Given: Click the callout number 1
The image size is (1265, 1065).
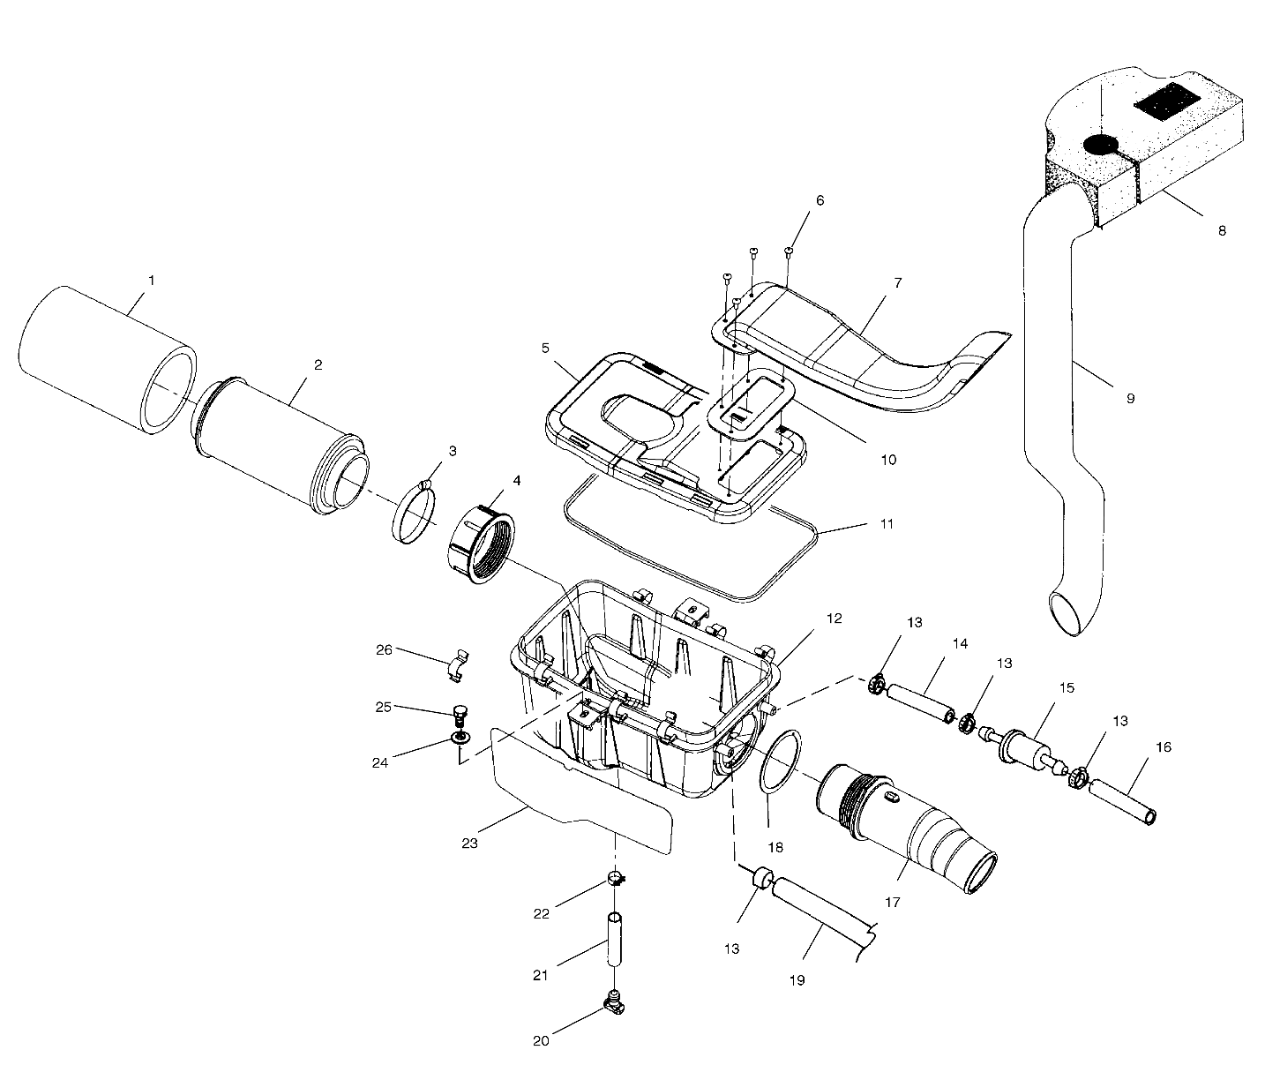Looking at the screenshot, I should click(151, 281).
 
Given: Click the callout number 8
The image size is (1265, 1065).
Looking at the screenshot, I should click(1222, 231).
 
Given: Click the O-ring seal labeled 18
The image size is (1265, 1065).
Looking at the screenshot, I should click(780, 761).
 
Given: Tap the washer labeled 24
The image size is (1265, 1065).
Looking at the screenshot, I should click(460, 736).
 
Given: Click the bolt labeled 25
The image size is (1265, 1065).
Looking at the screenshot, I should click(458, 710).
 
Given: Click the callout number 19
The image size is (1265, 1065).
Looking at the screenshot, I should click(797, 979).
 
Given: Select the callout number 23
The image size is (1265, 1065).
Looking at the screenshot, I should click(469, 844).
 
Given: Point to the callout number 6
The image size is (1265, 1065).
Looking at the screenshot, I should click(820, 200).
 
